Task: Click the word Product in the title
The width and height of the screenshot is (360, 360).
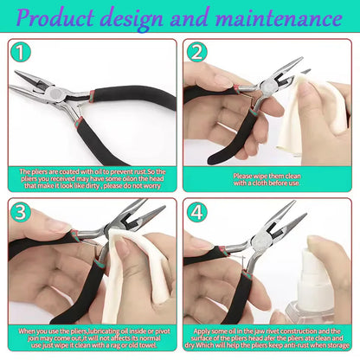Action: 68,18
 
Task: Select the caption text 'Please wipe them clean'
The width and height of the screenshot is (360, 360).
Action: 267,178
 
